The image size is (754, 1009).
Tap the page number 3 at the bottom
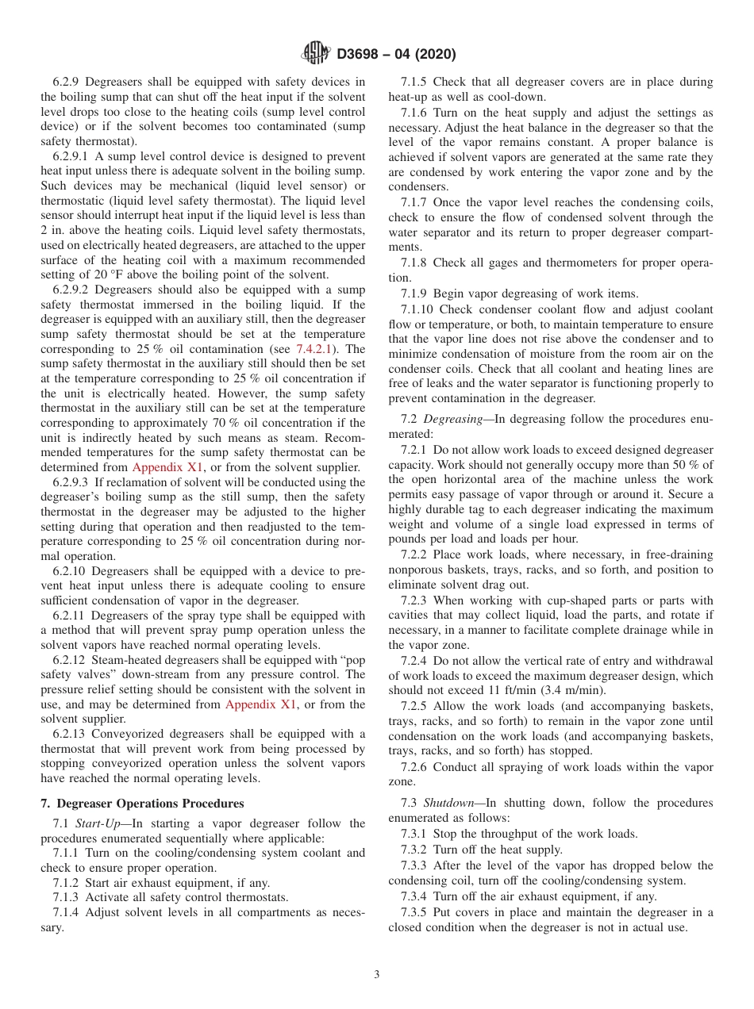[x=376, y=974]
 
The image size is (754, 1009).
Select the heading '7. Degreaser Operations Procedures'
[x=142, y=804]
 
